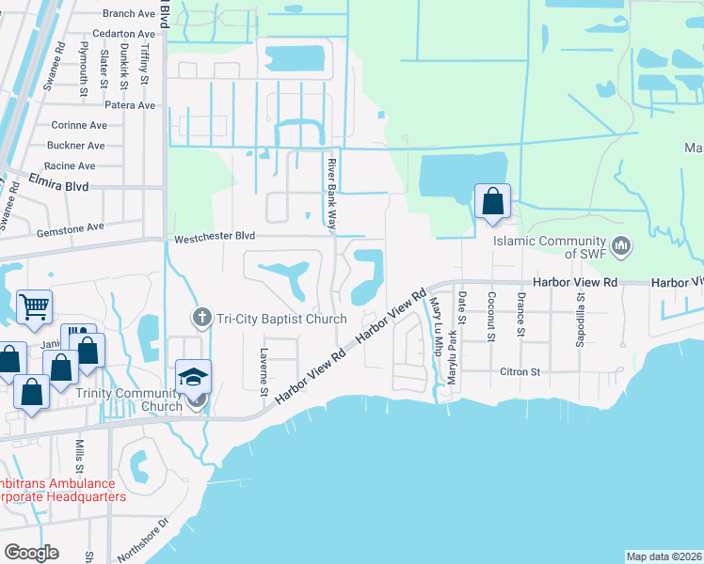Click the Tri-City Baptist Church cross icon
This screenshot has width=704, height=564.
[x=200, y=319]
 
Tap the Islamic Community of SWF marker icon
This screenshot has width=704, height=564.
[x=620, y=246]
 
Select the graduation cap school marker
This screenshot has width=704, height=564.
[x=194, y=378]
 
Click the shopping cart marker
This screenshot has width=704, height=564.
[x=34, y=305]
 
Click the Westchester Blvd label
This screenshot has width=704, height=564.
[x=215, y=239]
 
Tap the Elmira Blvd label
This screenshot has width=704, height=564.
[x=58, y=187]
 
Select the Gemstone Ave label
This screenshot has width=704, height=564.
[x=70, y=228]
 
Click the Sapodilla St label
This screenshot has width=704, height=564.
[x=581, y=319]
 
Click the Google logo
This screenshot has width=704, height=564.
[x=31, y=552]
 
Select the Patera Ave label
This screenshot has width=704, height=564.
[x=130, y=105]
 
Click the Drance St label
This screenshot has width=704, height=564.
[x=520, y=313]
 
